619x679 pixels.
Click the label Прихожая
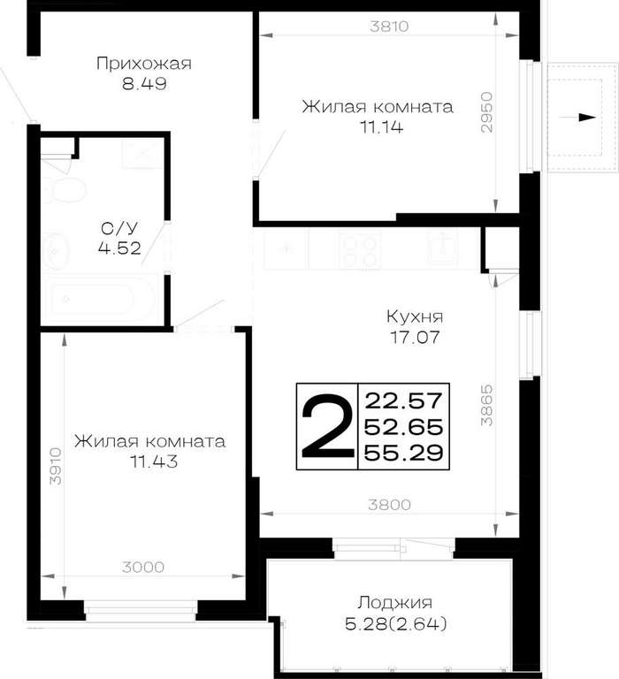[x=144, y=64]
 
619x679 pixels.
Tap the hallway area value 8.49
[x=144, y=84]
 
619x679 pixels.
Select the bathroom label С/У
[x=119, y=227]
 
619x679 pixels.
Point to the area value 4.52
[x=119, y=248]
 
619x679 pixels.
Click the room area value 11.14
[x=381, y=127]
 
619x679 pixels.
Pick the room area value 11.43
[x=154, y=462]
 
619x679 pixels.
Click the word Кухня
[x=415, y=317]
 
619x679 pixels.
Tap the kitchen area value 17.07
[x=415, y=337]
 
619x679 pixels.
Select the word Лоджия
[x=395, y=603]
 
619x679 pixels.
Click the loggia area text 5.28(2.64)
[x=396, y=624]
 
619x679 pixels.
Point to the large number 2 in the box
[x=326, y=426]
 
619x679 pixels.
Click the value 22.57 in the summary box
[x=404, y=401]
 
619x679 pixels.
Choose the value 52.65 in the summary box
[x=404, y=427]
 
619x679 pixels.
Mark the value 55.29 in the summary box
[x=404, y=453]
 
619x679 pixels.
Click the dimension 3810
[x=389, y=27]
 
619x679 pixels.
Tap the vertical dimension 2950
[x=487, y=111]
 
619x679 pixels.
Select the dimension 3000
[x=143, y=567]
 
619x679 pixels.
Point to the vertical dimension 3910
[x=56, y=466]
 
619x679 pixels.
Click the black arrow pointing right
[x=578, y=118]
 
